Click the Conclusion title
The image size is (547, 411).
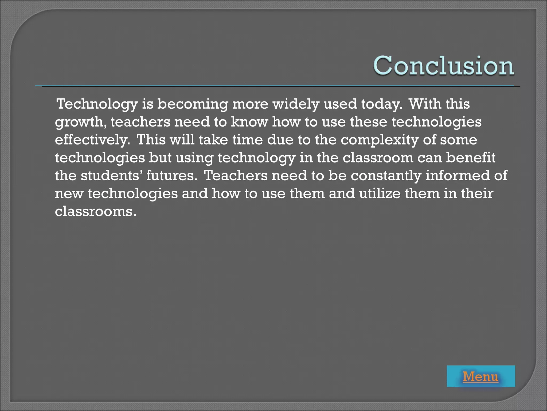tap(443, 66)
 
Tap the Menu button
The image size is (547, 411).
tap(480, 376)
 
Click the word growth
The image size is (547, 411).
tap(80, 122)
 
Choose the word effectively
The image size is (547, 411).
tap(92, 140)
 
